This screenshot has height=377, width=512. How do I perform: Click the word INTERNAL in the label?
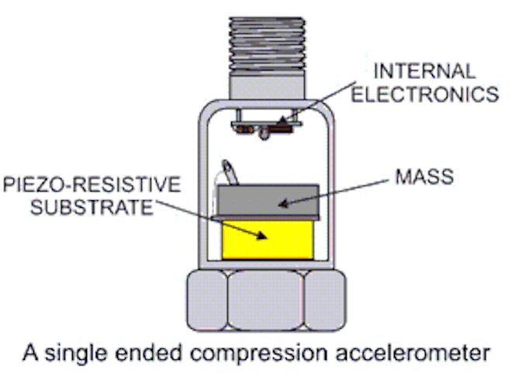coord(425,71)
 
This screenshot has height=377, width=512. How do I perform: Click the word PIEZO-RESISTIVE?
coord(92,186)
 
